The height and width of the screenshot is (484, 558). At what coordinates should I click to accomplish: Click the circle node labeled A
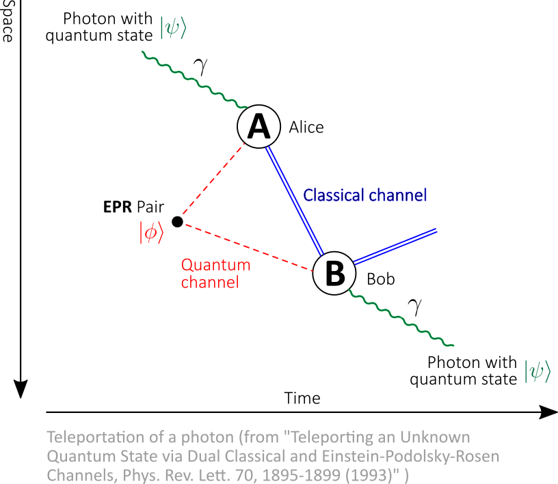click(x=258, y=126)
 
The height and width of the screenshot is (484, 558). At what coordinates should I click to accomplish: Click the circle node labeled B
click(x=334, y=273)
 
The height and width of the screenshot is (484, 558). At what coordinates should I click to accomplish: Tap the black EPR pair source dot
click(x=177, y=222)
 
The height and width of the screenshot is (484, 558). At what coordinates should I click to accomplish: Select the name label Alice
click(x=306, y=127)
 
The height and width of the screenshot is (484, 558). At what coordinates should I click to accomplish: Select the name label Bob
click(x=381, y=279)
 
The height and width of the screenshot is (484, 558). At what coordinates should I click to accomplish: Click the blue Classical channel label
click(x=364, y=195)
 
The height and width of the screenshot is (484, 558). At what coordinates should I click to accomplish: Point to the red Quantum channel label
click(x=215, y=274)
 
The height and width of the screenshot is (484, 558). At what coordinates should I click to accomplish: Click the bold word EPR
click(x=118, y=207)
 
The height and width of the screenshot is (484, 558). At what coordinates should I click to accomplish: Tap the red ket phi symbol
click(x=152, y=232)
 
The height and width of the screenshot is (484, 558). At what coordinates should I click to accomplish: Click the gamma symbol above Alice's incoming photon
click(x=201, y=66)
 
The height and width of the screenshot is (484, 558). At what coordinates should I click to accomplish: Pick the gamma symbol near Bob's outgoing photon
click(x=415, y=307)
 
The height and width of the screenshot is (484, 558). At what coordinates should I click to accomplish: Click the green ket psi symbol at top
click(x=173, y=27)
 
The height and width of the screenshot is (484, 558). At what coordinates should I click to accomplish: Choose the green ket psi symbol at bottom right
click(x=537, y=371)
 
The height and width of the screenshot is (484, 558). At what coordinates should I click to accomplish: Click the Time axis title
click(x=302, y=398)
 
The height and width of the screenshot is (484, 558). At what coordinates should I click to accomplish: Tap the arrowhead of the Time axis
click(x=548, y=412)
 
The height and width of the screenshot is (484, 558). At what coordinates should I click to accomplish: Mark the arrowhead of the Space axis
click(x=21, y=389)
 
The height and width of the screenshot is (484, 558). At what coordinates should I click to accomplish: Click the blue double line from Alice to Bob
click(x=294, y=201)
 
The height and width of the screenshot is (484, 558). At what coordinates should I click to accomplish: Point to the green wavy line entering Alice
click(x=195, y=80)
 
